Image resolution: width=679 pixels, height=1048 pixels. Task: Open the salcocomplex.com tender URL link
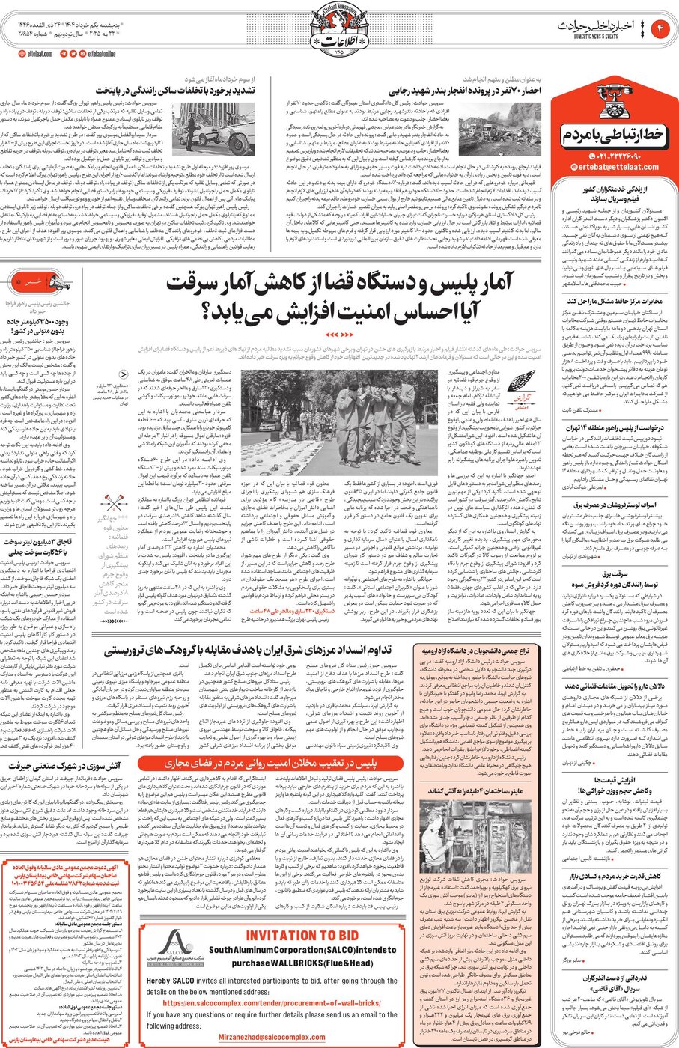271,1003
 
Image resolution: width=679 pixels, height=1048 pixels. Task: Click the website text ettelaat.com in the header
36,54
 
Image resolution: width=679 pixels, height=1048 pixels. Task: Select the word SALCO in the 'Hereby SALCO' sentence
187,981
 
